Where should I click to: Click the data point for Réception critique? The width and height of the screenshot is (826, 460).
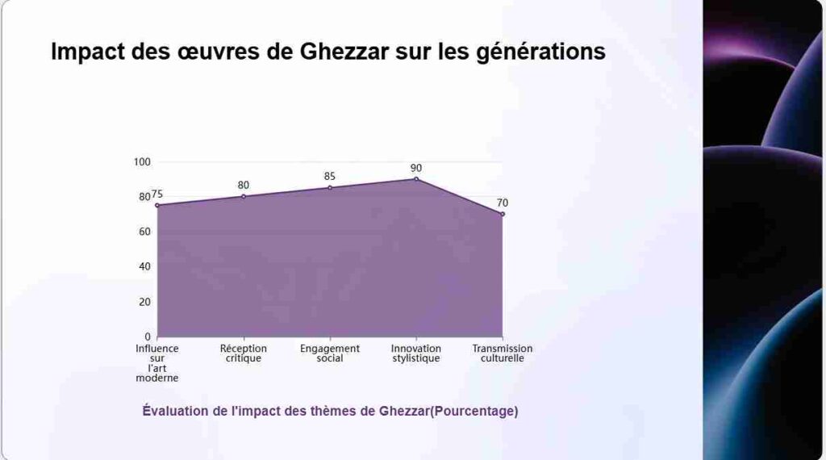pyautogui.click(x=244, y=196)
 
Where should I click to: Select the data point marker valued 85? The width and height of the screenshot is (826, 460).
pyautogui.click(x=330, y=187)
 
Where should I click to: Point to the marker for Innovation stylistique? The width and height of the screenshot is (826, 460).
pyautogui.click(x=416, y=178)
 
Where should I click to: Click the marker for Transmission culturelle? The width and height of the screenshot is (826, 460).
pyautogui.click(x=503, y=214)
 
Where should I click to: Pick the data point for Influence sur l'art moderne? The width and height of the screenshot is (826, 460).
pyautogui.click(x=157, y=205)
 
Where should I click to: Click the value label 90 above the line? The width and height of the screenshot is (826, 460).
pyautogui.click(x=416, y=168)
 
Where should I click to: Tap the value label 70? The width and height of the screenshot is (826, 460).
pyautogui.click(x=503, y=203)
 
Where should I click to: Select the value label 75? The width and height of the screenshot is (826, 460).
pyautogui.click(x=157, y=194)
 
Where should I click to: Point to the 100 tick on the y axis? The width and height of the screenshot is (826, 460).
pyautogui.click(x=143, y=161)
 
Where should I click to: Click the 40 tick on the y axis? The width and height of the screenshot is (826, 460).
pyautogui.click(x=145, y=266)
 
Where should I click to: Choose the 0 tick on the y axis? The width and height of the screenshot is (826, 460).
pyautogui.click(x=148, y=337)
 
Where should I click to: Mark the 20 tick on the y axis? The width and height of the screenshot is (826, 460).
pyautogui.click(x=145, y=302)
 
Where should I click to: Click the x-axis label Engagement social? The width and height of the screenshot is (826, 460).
pyautogui.click(x=330, y=353)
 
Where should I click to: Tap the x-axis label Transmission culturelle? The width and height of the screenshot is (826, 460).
pyautogui.click(x=503, y=353)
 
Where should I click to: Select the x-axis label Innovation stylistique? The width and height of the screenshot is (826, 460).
pyautogui.click(x=416, y=353)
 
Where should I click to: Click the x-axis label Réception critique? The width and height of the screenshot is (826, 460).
pyautogui.click(x=244, y=353)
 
